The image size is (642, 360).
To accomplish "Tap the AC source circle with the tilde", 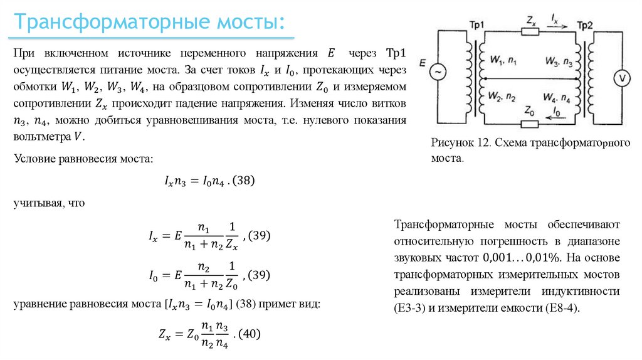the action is [x=437, y=72].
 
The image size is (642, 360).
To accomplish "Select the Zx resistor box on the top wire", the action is [x=530, y=31].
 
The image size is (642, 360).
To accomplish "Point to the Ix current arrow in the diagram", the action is [x=556, y=23].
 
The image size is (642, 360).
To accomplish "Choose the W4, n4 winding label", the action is [x=557, y=97].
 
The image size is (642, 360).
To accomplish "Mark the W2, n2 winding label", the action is [x=503, y=97].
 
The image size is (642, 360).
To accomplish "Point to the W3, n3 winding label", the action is [x=557, y=61].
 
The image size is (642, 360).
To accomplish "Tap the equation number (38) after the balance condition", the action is [x=243, y=181].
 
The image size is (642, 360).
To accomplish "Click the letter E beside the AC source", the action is [x=423, y=63].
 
